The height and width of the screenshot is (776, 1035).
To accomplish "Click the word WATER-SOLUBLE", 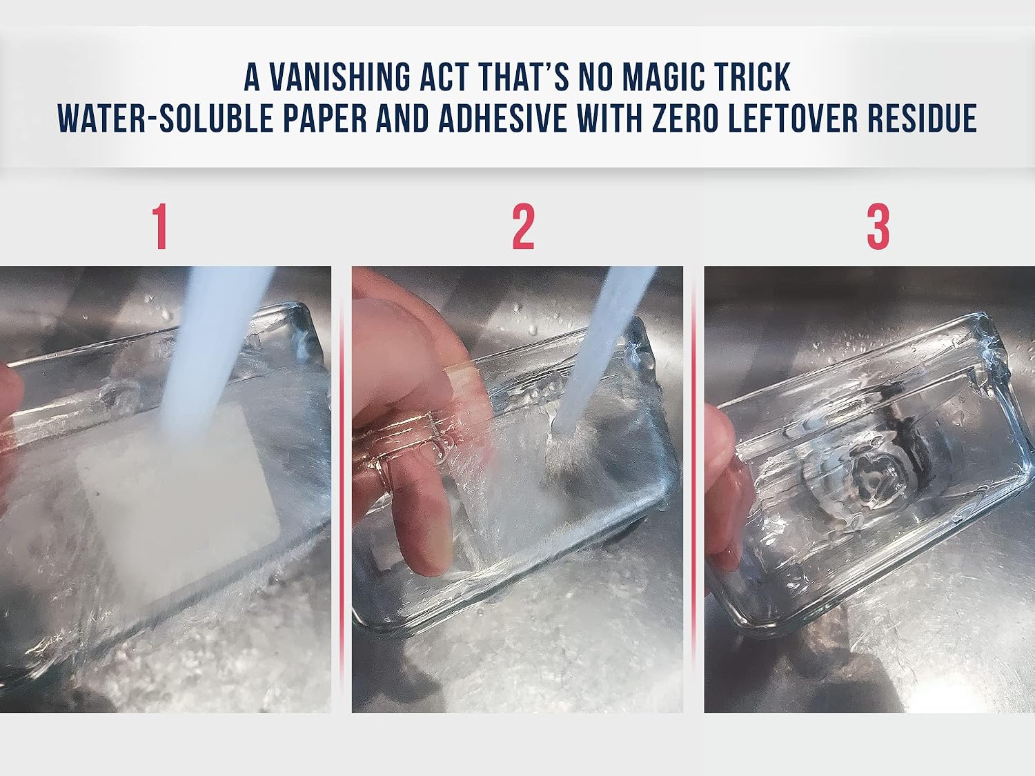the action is [165, 118].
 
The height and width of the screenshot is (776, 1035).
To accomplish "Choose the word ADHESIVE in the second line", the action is [503, 118].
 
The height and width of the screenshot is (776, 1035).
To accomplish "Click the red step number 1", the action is [160, 226].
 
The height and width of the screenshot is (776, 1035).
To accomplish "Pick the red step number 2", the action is [524, 226].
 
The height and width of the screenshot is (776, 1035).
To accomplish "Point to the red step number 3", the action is [878, 226].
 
